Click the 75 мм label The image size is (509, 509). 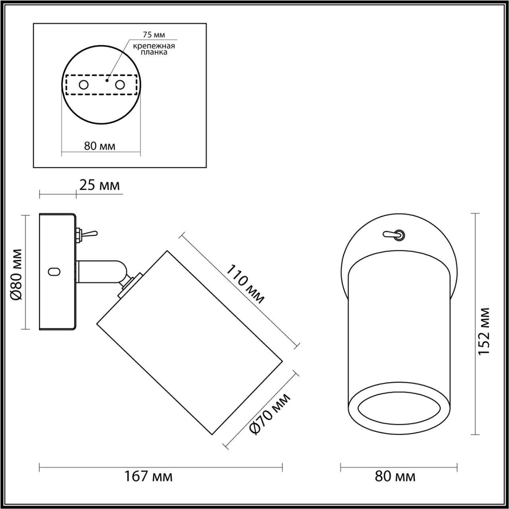coord(154,35)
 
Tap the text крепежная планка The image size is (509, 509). coord(154,49)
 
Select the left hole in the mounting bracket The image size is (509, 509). coord(84,85)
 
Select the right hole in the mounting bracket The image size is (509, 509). coord(120,85)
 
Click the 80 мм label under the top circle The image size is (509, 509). coord(100,146)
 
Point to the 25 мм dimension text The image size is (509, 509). coord(99,185)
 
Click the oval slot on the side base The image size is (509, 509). coord(54,272)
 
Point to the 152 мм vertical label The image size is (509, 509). coord(484,331)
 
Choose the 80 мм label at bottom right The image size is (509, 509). coord(395,476)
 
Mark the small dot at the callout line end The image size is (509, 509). coord(106,80)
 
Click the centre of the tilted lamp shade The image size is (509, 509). coord(190,342)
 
